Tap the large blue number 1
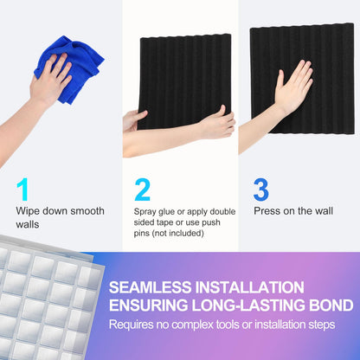click(x=23, y=190)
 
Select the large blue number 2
click(x=143, y=190)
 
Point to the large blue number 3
click(x=260, y=190)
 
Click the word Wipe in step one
click(x=29, y=211)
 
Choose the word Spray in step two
click(x=146, y=211)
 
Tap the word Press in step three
click(x=267, y=210)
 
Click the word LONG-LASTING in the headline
click(x=235, y=305)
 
